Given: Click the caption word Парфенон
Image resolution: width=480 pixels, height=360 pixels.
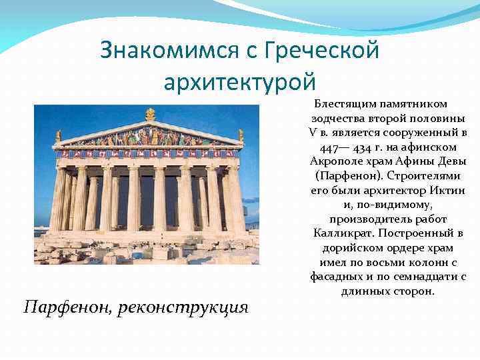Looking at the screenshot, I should pos(65,307).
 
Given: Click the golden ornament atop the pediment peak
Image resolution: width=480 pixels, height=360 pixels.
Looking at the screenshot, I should pos(150,114).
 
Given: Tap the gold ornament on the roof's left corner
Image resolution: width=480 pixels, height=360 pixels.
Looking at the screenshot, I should pos(59,136).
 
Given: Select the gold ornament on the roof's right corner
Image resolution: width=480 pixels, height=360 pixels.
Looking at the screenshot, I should pos(241,135).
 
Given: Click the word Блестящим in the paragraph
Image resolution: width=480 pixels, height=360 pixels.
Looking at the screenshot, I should pos(345,105).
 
